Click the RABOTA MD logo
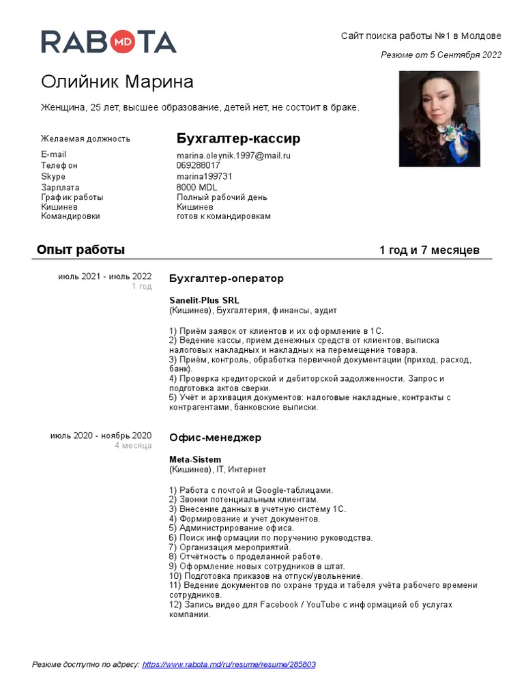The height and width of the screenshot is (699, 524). (x=108, y=42)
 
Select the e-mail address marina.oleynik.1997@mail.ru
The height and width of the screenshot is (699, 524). (x=233, y=156)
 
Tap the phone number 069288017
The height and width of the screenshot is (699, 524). (x=198, y=166)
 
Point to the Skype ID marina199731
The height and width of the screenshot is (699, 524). (x=204, y=176)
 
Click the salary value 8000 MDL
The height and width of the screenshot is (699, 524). (x=197, y=187)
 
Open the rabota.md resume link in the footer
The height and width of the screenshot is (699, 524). (x=229, y=664)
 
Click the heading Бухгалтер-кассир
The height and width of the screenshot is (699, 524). (x=238, y=139)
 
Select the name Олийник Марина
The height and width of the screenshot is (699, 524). (x=117, y=83)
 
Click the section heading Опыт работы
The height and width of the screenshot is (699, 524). (x=81, y=250)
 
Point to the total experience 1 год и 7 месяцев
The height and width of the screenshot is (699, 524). (x=429, y=251)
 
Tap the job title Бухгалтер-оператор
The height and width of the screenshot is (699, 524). (x=226, y=279)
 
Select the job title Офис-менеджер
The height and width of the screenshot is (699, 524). (x=215, y=438)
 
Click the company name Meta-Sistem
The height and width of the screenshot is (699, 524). (x=195, y=460)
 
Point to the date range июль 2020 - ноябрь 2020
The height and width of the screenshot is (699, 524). (x=101, y=436)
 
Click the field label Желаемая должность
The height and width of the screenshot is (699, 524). (x=85, y=139)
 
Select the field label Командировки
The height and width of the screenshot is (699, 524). (x=70, y=216)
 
